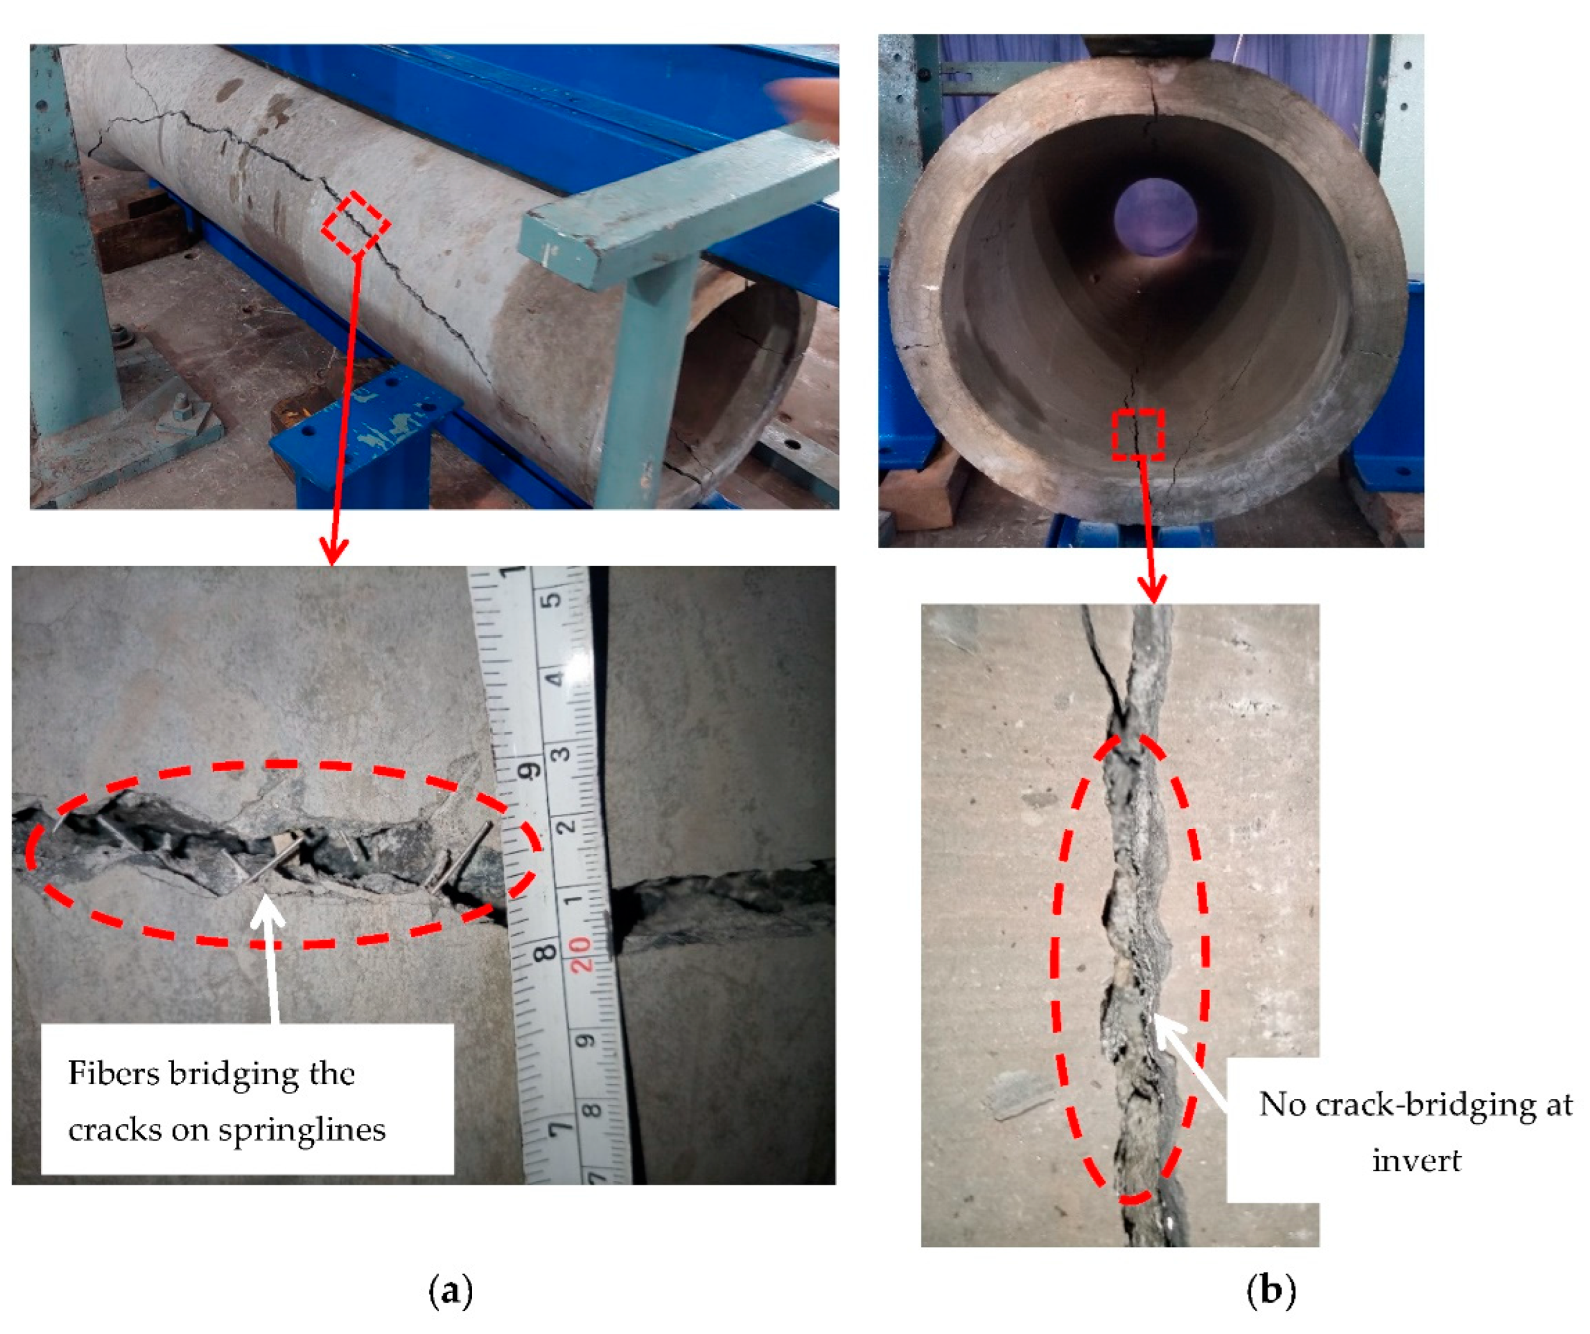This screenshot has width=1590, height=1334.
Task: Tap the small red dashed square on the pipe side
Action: coord(355,225)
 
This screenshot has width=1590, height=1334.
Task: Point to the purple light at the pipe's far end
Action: coord(1155,218)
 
